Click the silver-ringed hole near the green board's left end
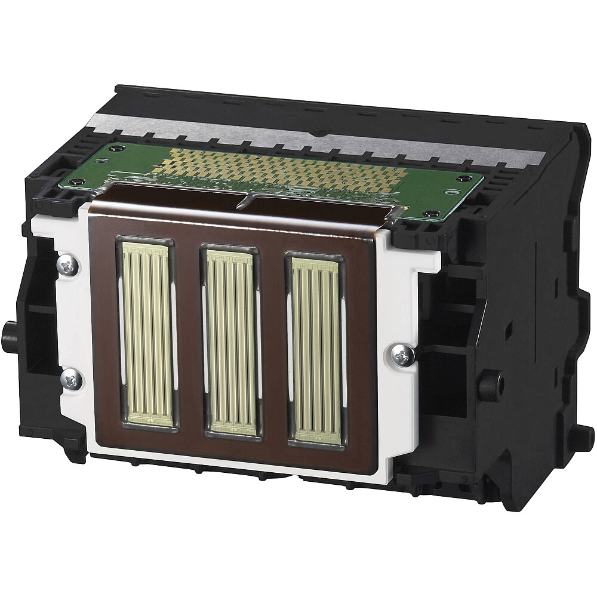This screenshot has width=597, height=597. (74, 182)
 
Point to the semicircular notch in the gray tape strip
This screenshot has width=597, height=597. (323, 136)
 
